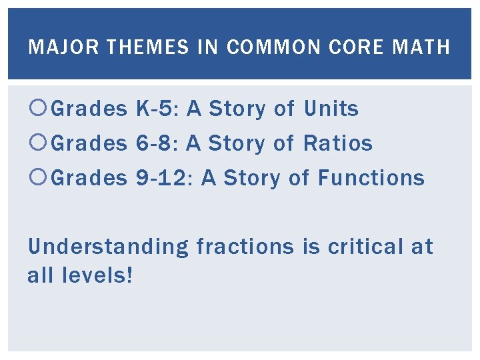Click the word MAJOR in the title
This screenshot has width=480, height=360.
(54, 47)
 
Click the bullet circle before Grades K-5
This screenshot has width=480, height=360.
(38, 109)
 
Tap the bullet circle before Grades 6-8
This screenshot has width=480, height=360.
(38, 143)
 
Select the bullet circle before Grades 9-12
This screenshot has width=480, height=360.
(38, 178)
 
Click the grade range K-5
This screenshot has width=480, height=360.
(157, 109)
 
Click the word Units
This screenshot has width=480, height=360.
(331, 109)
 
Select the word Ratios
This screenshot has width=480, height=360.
(338, 143)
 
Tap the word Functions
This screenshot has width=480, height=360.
(371, 178)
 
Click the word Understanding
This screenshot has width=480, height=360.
(108, 247)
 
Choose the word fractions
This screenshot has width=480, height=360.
(245, 247)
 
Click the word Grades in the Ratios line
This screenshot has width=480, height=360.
(89, 143)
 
